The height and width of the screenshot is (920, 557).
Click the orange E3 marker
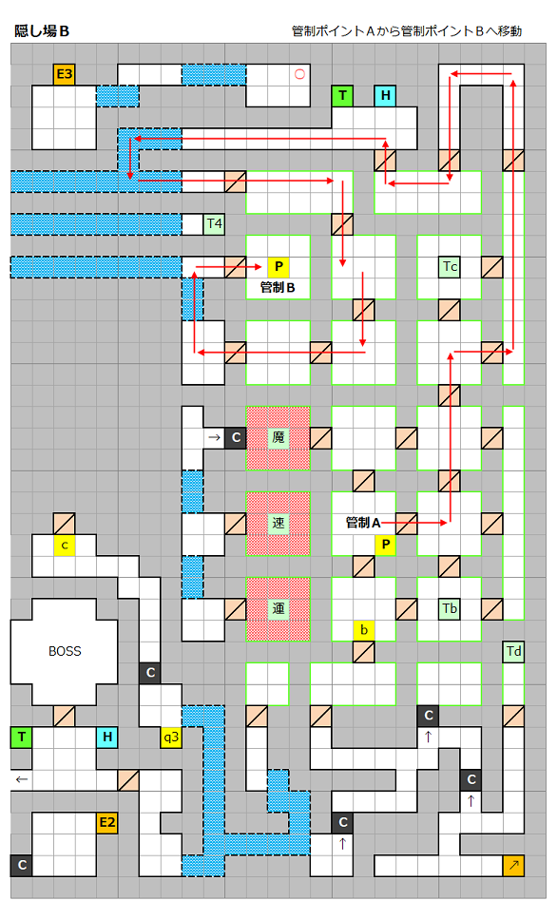pyautogui.click(x=64, y=74)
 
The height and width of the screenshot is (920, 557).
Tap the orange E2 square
pyautogui.click(x=106, y=822)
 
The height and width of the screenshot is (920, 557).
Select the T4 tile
pyautogui.click(x=214, y=224)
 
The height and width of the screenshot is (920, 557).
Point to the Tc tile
pyautogui.click(x=450, y=267)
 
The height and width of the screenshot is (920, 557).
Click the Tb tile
pyautogui.click(x=450, y=608)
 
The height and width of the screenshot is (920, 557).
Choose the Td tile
pyautogui.click(x=513, y=651)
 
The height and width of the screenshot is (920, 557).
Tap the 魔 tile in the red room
pyautogui.click(x=278, y=437)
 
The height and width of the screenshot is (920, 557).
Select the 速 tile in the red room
pyautogui.click(x=278, y=523)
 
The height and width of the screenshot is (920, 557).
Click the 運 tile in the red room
pyautogui.click(x=278, y=608)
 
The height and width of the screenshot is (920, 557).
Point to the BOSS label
pyautogui.click(x=65, y=651)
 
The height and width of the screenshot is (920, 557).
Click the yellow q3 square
pyautogui.click(x=171, y=737)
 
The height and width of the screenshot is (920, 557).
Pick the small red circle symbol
pyautogui.click(x=300, y=74)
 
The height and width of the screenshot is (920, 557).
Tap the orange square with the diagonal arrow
pyautogui.click(x=513, y=865)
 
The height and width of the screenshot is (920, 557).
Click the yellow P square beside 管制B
pyautogui.click(x=278, y=267)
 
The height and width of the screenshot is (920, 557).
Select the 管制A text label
pyautogui.click(x=363, y=523)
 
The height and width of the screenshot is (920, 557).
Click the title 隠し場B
pyautogui.click(x=42, y=31)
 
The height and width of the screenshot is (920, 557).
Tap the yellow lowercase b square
pyautogui.click(x=364, y=630)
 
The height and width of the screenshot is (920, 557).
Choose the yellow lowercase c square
pyautogui.click(x=64, y=546)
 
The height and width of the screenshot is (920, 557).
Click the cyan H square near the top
pyautogui.click(x=385, y=96)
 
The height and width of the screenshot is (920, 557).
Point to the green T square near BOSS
pyautogui.click(x=21, y=737)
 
